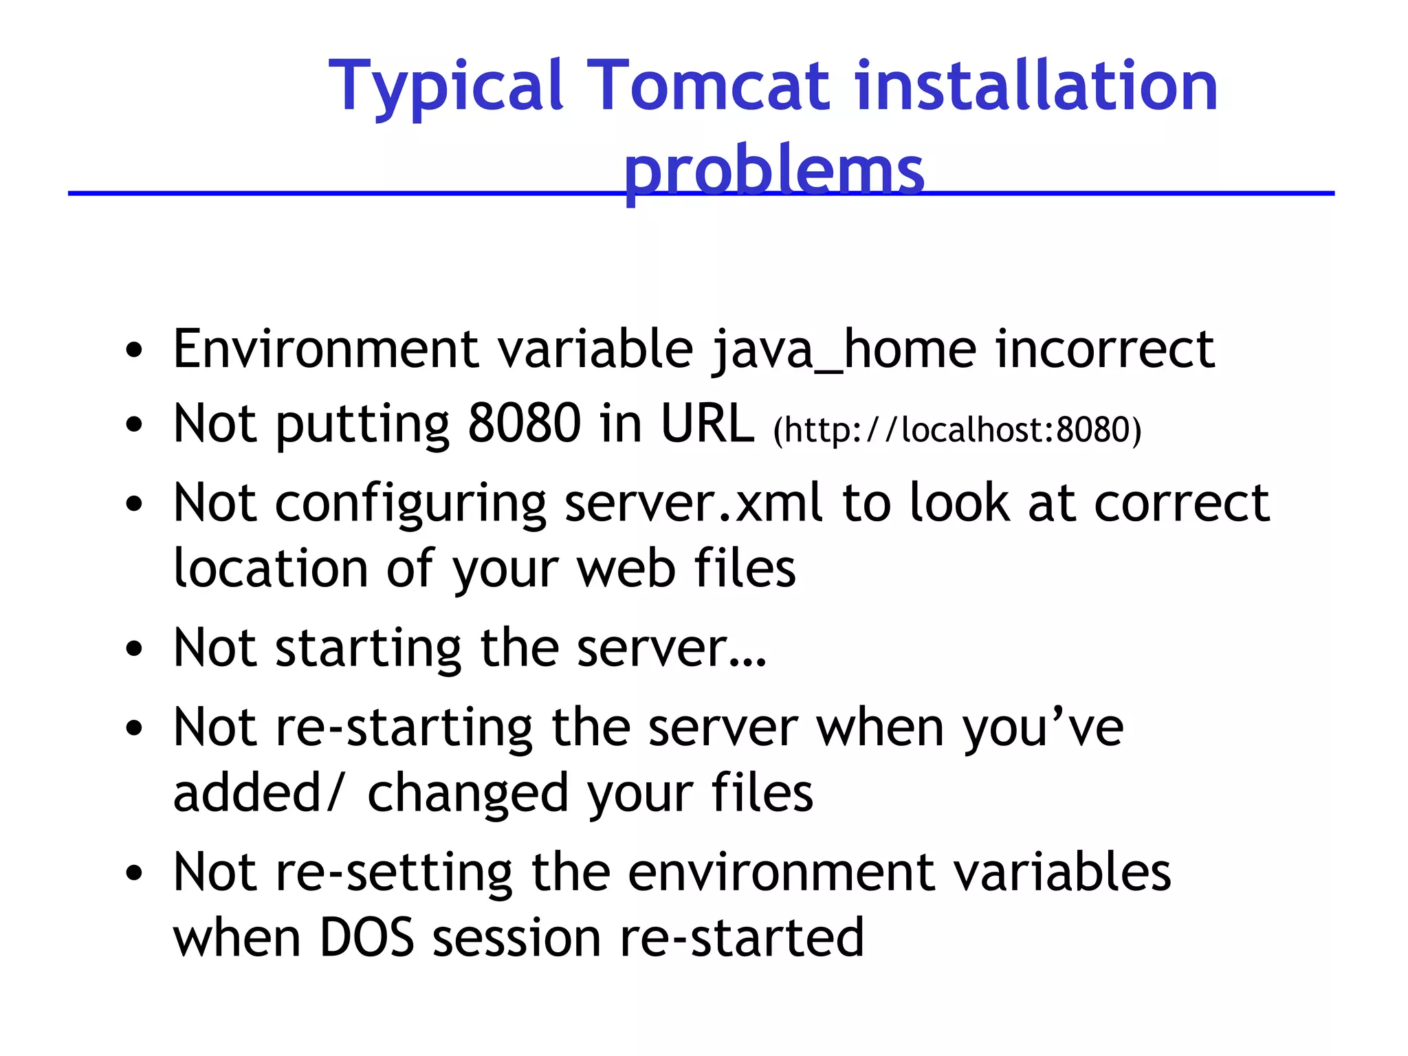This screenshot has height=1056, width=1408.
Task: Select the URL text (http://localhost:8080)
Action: point(956,430)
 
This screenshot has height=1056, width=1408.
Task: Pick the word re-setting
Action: point(395,872)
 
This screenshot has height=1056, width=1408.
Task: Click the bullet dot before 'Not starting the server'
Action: point(134,648)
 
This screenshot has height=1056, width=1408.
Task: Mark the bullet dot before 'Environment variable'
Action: point(134,351)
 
